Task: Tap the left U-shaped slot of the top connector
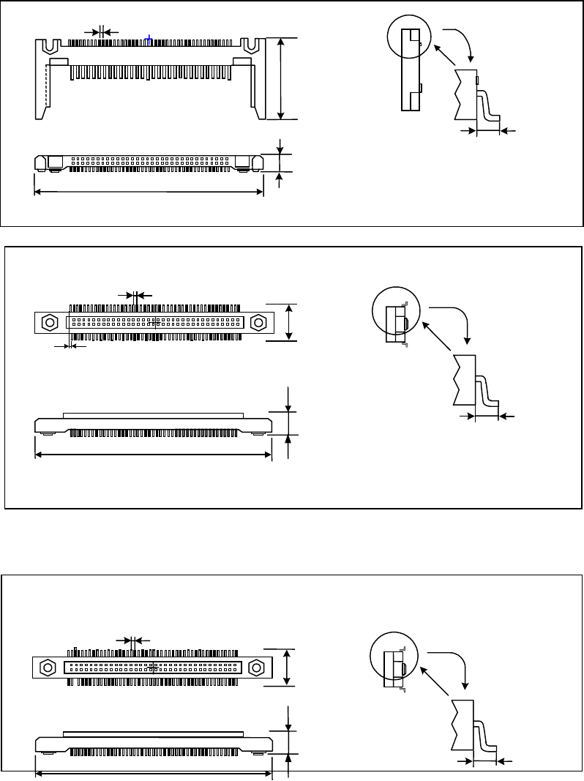coord(50,45)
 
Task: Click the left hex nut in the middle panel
coord(50,323)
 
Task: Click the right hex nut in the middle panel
coord(258,323)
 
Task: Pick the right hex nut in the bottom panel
coord(256,668)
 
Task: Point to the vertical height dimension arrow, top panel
coord(281,78)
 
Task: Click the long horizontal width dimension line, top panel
coord(149,193)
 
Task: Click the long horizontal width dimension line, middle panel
coord(154,455)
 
